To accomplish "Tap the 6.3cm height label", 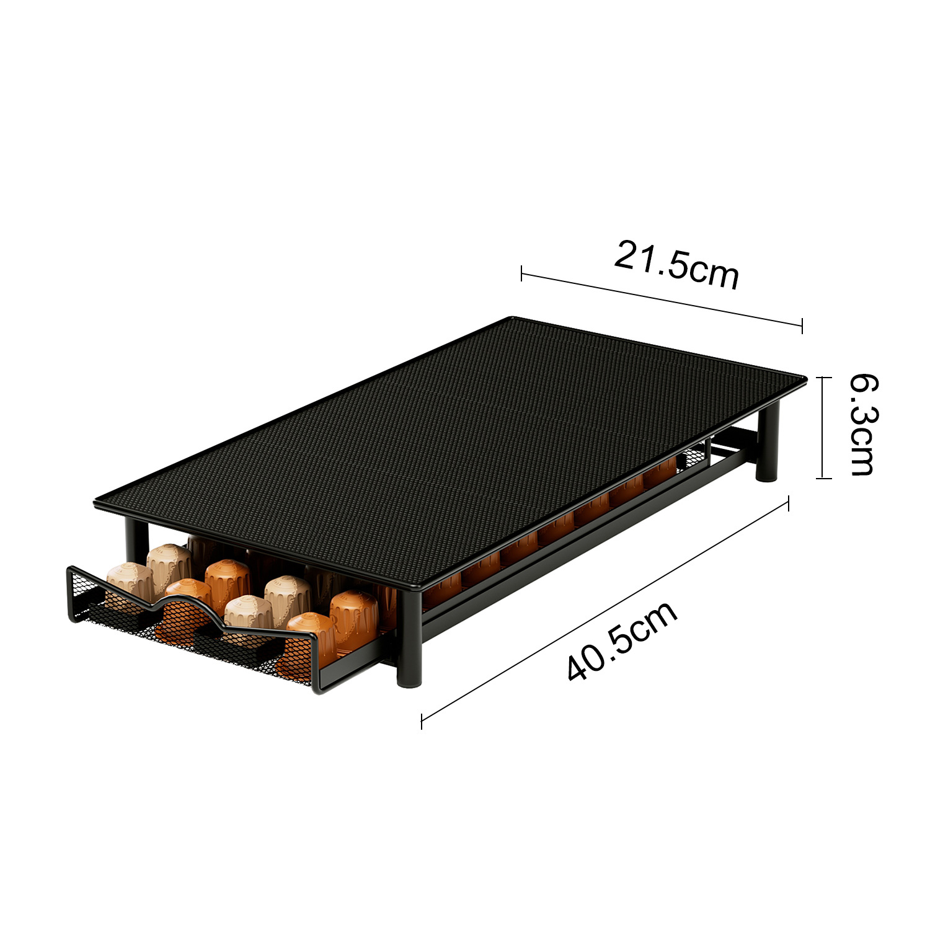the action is coord(862,425).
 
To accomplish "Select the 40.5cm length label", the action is coord(622,642).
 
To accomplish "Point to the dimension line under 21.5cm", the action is coord(662,299).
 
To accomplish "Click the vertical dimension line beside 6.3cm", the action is coord(823,427).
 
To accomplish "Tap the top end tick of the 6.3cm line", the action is coord(823,377).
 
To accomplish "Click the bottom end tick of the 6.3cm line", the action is coord(823,478).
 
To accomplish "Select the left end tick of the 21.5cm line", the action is coord(521,273).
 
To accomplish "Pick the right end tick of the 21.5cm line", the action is coord(802,325).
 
